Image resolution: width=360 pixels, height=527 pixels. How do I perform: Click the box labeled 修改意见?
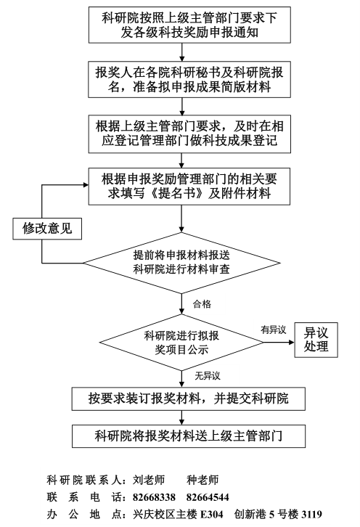click(x=47, y=229)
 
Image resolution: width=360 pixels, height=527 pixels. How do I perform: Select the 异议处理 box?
click(x=316, y=340)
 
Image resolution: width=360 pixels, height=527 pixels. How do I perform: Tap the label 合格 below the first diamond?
click(x=202, y=304)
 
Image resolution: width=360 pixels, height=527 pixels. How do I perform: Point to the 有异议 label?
click(x=274, y=330)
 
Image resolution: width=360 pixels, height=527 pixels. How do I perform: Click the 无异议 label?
click(x=208, y=376)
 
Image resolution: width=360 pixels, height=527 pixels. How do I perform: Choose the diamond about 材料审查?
click(x=181, y=263)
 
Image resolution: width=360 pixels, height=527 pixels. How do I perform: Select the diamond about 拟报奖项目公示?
click(x=181, y=343)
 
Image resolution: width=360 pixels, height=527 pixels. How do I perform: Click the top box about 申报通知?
click(x=189, y=25)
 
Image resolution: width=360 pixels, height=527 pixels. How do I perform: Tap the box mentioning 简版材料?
click(x=189, y=80)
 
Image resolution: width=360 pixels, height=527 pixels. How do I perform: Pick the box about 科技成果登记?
click(x=189, y=134)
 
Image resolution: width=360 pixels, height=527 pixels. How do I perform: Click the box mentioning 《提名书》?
click(x=189, y=187)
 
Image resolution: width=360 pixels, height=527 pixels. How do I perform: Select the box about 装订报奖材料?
click(x=189, y=399)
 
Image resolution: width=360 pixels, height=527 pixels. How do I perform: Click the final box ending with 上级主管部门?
click(x=189, y=436)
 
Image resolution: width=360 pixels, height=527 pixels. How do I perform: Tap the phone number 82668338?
click(x=155, y=497)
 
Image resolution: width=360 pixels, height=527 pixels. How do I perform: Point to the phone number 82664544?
click(x=208, y=497)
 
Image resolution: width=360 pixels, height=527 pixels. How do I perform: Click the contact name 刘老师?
click(x=149, y=480)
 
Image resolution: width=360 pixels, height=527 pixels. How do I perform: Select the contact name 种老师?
click(x=202, y=480)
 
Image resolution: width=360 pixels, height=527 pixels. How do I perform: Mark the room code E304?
click(x=212, y=515)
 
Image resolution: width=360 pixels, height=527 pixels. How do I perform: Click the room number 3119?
click(x=311, y=515)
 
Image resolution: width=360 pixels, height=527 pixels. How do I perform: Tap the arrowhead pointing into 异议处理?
click(x=292, y=343)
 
